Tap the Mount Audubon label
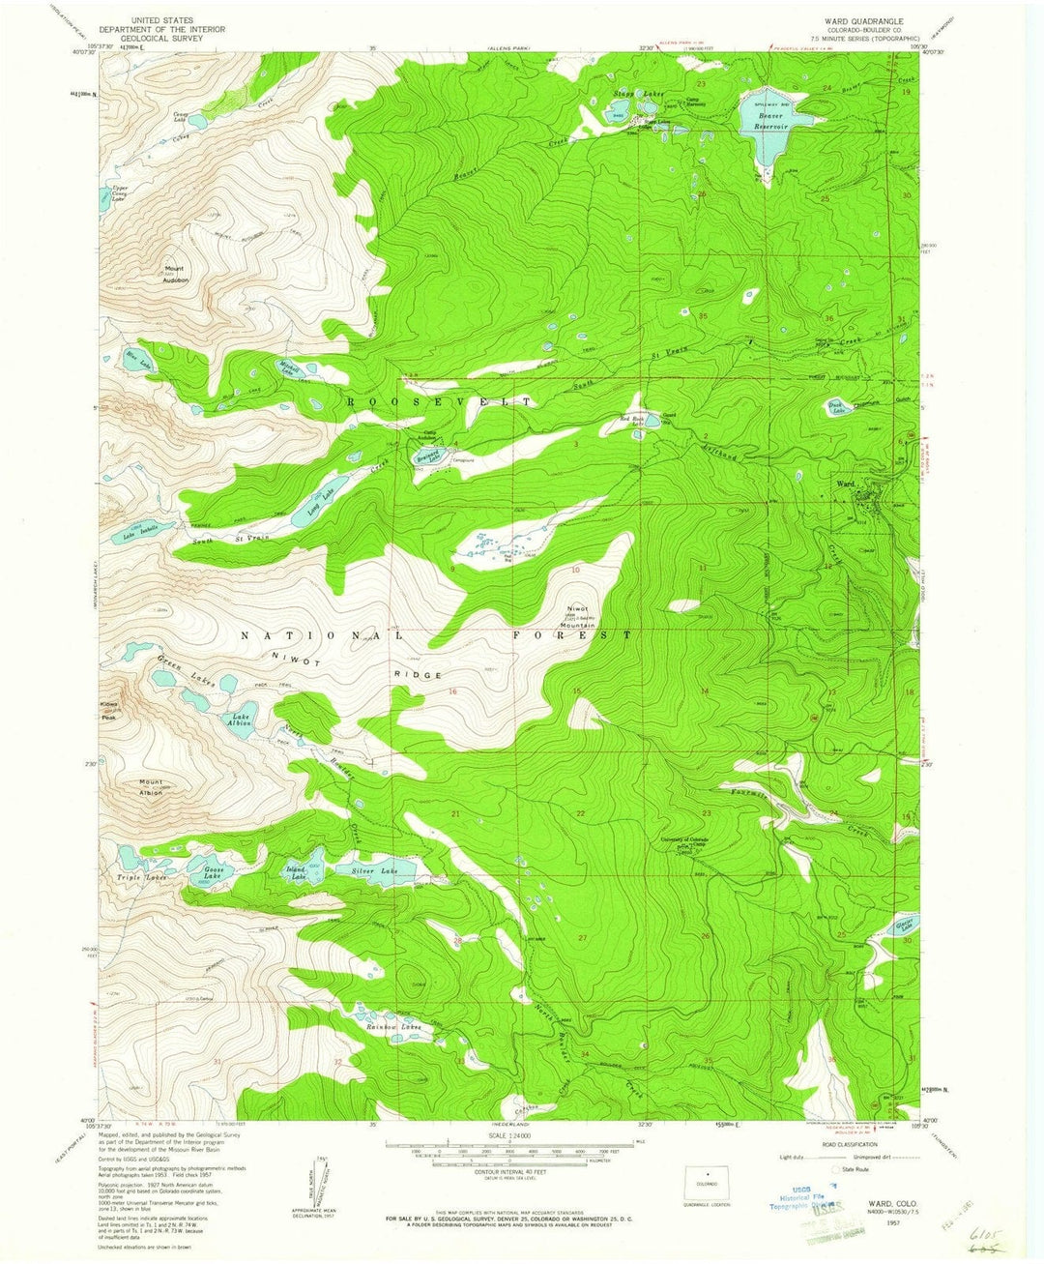175,274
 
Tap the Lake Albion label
240,720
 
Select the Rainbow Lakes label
392,1026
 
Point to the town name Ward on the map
846,484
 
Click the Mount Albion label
150,787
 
